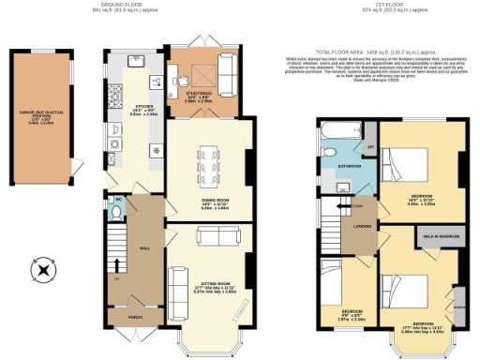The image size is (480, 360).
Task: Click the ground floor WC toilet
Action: click(115, 214)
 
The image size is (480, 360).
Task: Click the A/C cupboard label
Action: click(369, 148)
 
